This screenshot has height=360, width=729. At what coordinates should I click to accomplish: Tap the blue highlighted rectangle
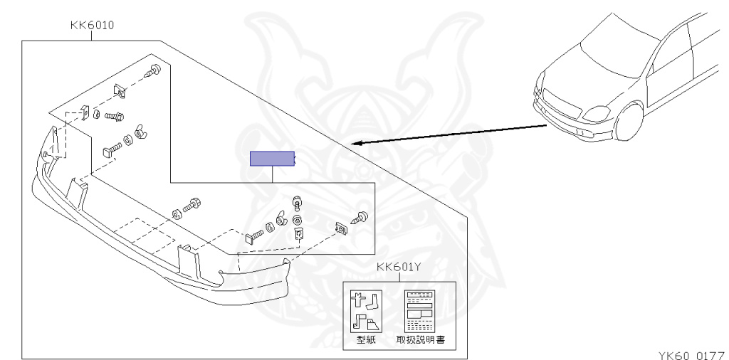click(x=271, y=158)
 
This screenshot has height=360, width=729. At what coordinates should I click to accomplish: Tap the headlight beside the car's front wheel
click(x=594, y=113)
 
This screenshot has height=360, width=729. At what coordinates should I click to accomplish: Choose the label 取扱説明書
click(x=421, y=340)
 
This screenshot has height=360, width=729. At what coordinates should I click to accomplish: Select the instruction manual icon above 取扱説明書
click(x=421, y=311)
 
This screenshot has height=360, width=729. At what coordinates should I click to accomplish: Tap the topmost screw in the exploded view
click(x=153, y=71)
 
